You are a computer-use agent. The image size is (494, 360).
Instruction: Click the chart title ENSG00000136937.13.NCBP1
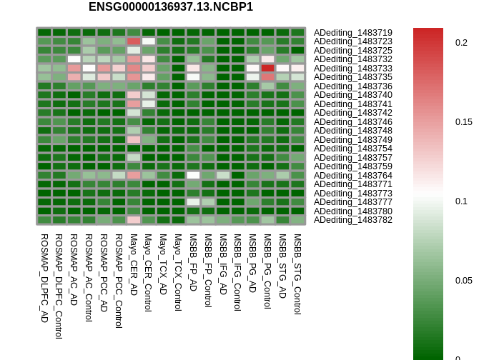(171, 7)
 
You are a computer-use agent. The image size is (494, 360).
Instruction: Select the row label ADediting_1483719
(353, 33)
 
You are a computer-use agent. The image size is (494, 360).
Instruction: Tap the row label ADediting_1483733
(353, 69)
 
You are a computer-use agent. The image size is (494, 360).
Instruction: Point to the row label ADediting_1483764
(353, 175)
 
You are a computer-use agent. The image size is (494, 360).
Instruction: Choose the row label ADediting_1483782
(353, 220)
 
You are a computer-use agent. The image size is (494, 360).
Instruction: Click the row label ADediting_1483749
(353, 140)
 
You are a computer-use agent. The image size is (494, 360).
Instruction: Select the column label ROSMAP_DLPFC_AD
(44, 278)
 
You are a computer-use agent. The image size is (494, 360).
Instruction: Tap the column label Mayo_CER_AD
(134, 265)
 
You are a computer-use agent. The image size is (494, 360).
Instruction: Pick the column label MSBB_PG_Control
(267, 271)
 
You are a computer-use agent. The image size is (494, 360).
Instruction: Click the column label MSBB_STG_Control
(297, 274)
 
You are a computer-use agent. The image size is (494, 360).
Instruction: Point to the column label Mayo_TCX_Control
(178, 273)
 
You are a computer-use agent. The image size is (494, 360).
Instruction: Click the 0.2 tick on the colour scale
(461, 43)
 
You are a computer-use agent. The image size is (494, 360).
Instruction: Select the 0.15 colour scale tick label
(464, 122)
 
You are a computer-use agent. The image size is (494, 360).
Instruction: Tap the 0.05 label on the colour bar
(464, 281)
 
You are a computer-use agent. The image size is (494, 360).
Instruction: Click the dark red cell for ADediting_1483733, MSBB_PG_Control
(267, 69)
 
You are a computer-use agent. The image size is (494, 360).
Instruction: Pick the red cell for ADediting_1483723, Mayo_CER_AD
(134, 41)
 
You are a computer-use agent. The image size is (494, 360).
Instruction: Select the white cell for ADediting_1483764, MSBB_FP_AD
(193, 175)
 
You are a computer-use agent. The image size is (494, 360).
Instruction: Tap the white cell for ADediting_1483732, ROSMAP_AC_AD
(74, 59)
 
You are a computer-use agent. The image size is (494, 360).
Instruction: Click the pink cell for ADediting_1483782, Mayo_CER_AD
(134, 220)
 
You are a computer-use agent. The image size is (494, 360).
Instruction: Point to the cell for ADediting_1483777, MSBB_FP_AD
(193, 202)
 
